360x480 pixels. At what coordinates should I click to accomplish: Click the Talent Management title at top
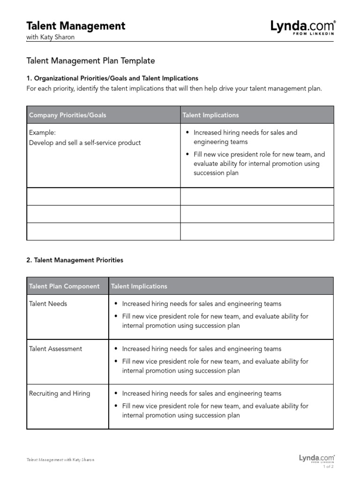point(76,26)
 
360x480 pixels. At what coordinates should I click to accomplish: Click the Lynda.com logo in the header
point(303,27)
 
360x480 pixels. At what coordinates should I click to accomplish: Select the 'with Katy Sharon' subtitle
point(51,37)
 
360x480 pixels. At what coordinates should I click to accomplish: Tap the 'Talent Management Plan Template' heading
point(90,61)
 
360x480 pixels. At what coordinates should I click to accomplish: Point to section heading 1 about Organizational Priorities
point(112,78)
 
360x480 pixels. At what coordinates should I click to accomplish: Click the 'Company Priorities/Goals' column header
point(68,115)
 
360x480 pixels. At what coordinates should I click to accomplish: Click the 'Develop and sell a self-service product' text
point(85,142)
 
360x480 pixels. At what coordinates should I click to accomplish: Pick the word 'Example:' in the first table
point(42,133)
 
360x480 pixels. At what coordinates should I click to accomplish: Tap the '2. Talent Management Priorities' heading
point(75,260)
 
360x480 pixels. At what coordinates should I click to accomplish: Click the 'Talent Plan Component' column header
point(64,286)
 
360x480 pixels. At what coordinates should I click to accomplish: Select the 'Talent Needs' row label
point(48,304)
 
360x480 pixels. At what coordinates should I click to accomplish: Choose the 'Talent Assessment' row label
point(55,349)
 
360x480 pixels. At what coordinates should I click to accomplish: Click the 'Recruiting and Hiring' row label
point(60,394)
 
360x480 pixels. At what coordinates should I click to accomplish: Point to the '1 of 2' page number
point(328,466)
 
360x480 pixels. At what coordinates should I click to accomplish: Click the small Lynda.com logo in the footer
point(317,458)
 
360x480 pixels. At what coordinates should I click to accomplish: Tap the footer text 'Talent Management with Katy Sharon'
point(60,460)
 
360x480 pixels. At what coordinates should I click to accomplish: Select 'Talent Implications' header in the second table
point(139,286)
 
